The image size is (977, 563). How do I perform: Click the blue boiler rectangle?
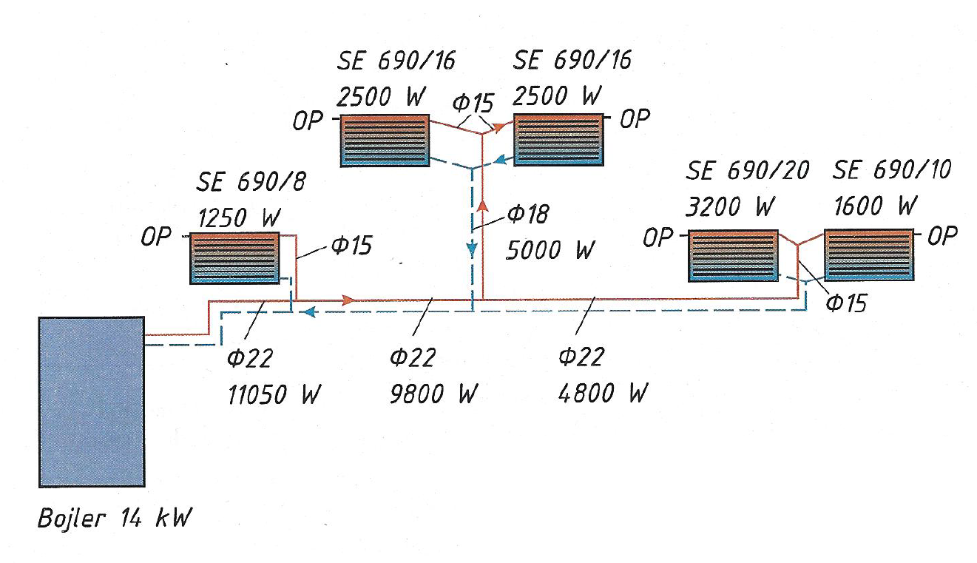92,402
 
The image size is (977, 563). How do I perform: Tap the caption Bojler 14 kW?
115,519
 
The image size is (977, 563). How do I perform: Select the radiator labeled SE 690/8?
234,258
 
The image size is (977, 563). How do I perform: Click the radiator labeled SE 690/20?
733,256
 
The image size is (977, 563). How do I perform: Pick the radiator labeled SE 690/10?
869,255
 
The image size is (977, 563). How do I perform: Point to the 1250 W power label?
239,217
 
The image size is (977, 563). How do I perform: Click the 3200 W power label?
731,206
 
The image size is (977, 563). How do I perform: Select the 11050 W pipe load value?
274,394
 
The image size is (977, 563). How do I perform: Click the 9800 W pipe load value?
433,394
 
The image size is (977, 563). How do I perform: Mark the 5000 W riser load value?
550,250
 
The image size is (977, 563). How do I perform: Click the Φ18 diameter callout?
529,215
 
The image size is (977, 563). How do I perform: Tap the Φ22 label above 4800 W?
581,357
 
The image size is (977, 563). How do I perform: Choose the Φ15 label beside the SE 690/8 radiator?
351,246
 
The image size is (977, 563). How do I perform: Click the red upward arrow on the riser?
482,205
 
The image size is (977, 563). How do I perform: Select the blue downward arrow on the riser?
472,250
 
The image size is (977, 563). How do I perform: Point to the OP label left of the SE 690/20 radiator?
658,237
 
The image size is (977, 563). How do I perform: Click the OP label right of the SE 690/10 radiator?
942,236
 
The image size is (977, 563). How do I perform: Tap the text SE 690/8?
251,181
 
